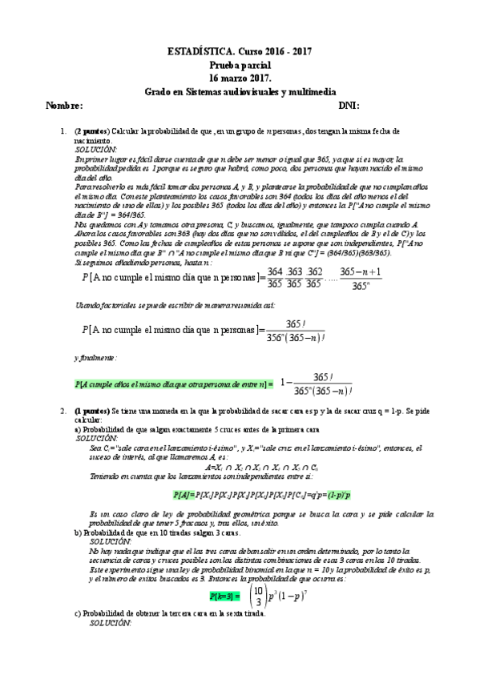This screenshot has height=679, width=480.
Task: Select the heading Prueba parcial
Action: tap(240, 64)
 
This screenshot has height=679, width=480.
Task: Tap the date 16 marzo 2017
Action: tap(240, 78)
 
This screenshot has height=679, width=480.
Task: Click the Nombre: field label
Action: tap(65, 106)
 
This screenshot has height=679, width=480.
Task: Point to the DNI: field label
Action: tap(349, 106)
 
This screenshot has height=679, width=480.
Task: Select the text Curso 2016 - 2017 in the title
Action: tap(272, 50)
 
